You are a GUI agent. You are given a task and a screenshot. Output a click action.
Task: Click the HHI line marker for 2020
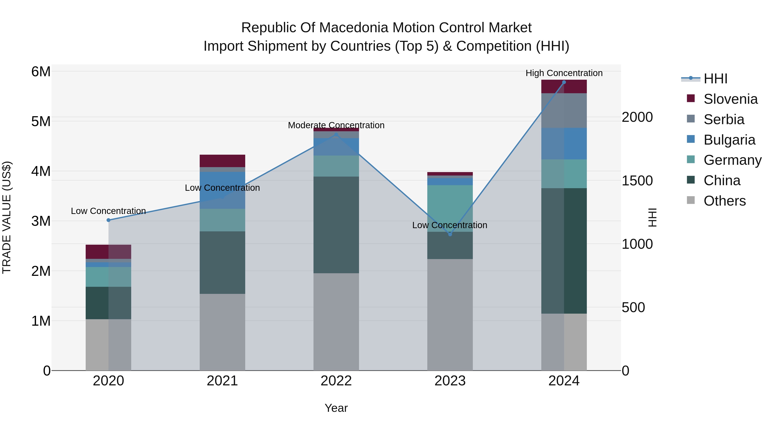109,220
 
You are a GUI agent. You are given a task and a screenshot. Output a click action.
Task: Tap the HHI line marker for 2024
564,82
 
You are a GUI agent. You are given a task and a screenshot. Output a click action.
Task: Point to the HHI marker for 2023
450,234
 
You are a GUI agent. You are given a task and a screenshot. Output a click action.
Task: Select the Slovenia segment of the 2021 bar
222,161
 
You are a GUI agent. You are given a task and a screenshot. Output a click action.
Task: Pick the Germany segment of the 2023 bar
450,208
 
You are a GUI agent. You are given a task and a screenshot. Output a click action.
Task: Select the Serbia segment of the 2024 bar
564,110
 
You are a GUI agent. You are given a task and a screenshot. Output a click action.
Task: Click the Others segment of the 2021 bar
222,332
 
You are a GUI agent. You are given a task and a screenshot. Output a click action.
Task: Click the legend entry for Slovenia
730,99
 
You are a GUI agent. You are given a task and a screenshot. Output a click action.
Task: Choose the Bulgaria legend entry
729,140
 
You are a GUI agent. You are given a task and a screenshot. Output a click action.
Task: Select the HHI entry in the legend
715,79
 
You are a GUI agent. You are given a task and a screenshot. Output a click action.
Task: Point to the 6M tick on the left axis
41,72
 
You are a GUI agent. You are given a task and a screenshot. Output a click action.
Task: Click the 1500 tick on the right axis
637,181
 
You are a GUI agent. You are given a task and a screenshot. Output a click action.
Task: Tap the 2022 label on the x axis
336,381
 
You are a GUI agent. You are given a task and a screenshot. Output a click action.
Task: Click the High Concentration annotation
564,73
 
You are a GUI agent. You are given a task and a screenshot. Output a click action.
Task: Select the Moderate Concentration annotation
336,125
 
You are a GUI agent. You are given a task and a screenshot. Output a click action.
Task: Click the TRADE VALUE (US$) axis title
7,217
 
